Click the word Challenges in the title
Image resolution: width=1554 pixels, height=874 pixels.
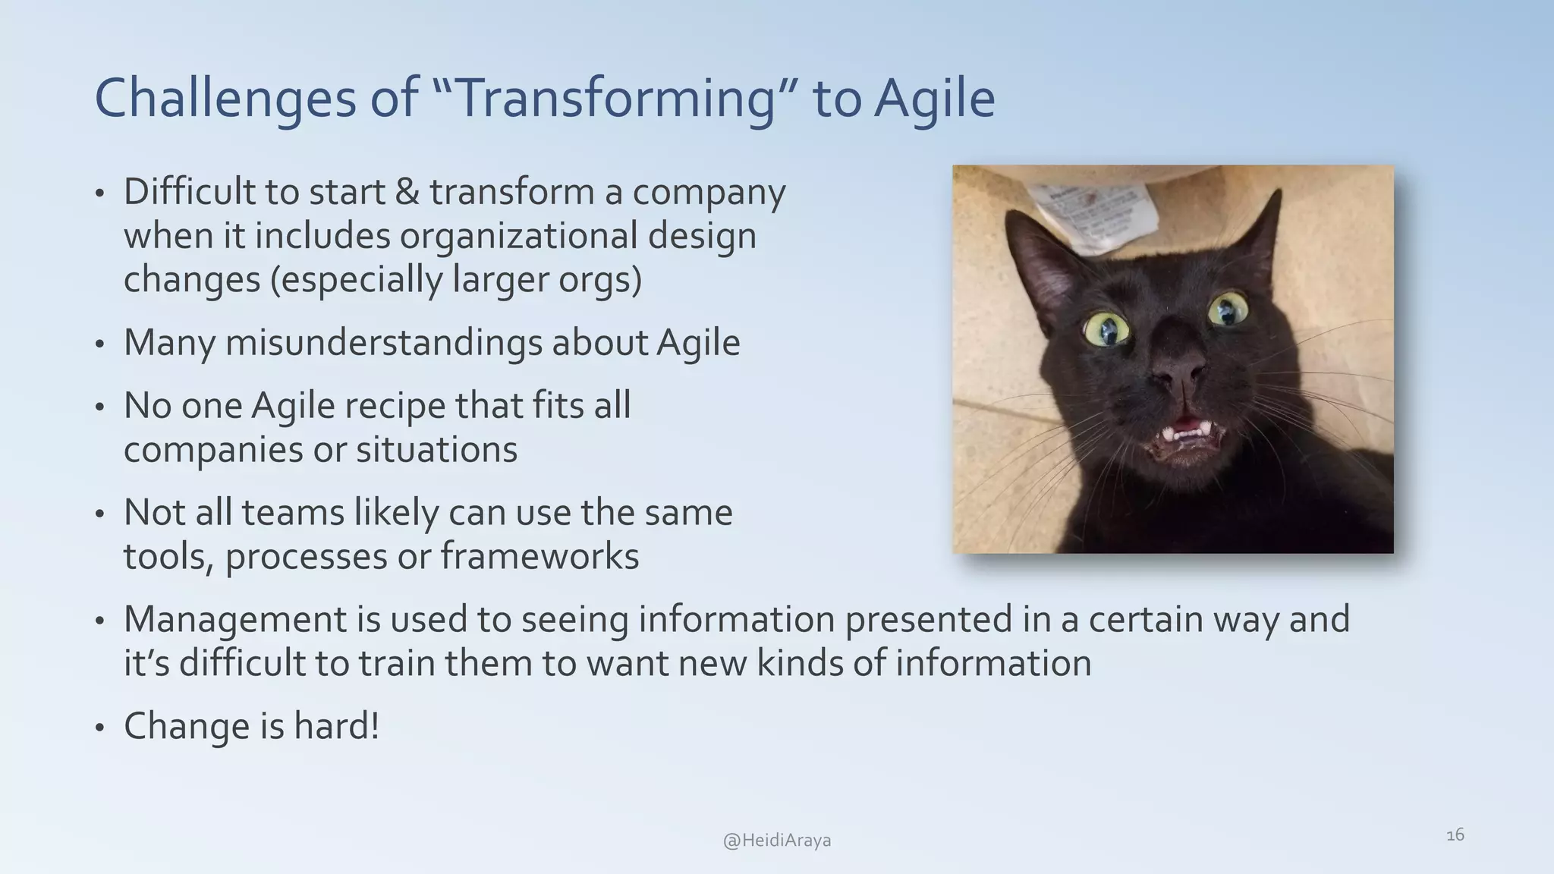point(225,99)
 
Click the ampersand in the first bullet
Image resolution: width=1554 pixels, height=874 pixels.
point(407,192)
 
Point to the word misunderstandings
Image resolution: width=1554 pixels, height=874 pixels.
point(383,342)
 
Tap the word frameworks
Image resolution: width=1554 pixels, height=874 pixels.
point(539,556)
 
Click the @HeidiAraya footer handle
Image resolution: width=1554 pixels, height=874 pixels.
point(777,841)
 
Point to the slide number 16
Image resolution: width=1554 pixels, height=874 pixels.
point(1455,835)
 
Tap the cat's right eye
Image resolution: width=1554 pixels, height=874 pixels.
point(1226,310)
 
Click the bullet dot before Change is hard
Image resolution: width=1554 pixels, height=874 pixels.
point(99,728)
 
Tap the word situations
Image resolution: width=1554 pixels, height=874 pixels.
point(436,450)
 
